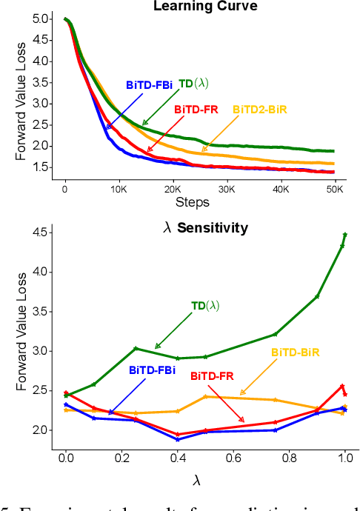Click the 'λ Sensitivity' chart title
coord(205,229)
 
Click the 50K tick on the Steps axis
coord(334,189)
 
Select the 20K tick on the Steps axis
coord(173,189)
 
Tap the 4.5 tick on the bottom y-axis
coord(43,233)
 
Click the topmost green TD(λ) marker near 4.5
coord(345,234)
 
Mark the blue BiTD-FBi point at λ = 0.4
coord(177,439)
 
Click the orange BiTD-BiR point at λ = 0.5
coord(205,396)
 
